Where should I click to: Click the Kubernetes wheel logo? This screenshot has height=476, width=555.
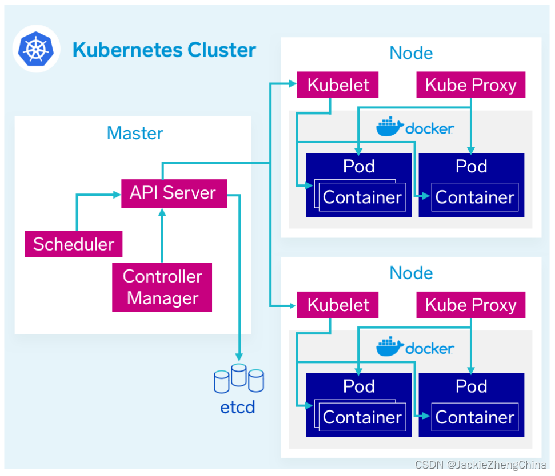36,50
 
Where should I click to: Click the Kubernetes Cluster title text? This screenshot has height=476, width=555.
164,50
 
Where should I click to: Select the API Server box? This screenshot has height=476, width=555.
173,192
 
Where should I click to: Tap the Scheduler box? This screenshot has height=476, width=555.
74,244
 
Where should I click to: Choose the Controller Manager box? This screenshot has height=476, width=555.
162,287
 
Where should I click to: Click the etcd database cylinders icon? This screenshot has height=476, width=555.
239,378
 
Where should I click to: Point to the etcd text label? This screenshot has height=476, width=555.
238,408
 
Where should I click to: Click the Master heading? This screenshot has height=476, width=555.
135,133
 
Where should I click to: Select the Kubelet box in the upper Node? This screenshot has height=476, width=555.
338,85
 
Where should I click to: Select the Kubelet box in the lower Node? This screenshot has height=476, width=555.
338,305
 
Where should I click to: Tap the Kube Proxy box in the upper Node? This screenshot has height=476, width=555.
470,85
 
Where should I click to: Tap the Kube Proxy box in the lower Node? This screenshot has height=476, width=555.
470,305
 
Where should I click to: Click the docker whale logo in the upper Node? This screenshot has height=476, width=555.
390,127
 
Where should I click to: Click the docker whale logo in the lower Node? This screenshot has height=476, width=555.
390,347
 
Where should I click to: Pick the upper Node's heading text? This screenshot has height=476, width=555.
411,53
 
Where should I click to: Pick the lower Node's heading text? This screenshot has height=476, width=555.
411,273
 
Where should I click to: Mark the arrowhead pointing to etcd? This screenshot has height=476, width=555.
239,355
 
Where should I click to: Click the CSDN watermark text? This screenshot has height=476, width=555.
480,466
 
